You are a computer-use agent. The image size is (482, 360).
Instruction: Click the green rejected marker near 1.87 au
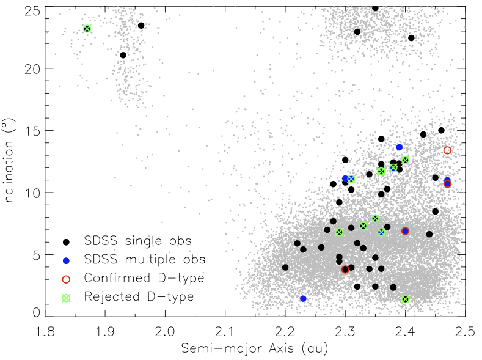pyautogui.click(x=87, y=29)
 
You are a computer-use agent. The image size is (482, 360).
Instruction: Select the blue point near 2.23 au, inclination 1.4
pyautogui.click(x=303, y=298)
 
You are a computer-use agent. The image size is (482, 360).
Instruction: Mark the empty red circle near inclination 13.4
pyautogui.click(x=447, y=150)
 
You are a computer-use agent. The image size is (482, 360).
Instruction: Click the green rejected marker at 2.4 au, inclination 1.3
pyautogui.click(x=406, y=299)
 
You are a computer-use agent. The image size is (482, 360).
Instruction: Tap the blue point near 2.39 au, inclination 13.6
pyautogui.click(x=400, y=147)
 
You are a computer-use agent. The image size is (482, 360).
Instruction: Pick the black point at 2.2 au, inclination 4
pyautogui.click(x=285, y=267)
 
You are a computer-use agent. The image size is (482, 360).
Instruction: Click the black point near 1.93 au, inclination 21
pyautogui.click(x=123, y=55)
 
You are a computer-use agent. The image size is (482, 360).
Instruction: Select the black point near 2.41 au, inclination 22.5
pyautogui.click(x=411, y=38)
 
